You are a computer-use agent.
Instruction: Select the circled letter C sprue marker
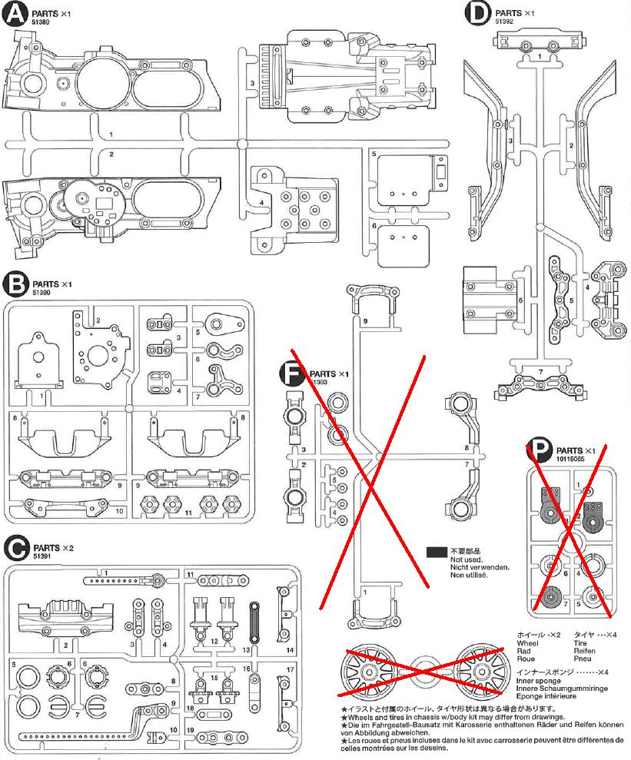pos(16,548)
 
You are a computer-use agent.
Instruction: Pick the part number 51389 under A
pos(42,24)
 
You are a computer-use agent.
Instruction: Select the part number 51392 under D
pos(505,22)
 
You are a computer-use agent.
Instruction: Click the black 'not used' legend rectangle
pos(437,552)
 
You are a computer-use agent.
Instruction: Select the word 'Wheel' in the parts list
pos(528,642)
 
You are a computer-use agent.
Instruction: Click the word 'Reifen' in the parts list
pos(585,650)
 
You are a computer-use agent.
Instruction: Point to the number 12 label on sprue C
pos(215,640)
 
